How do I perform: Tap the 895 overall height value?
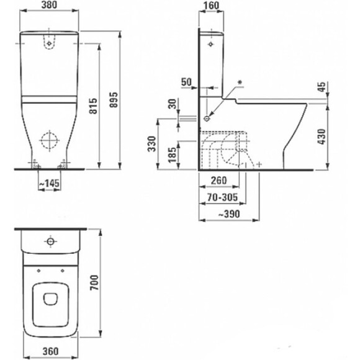[x=114, y=99]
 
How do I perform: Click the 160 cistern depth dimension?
[x=212, y=6]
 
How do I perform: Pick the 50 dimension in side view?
[x=186, y=81]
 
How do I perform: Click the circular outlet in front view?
[x=48, y=140]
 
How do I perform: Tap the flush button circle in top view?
[x=50, y=241]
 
